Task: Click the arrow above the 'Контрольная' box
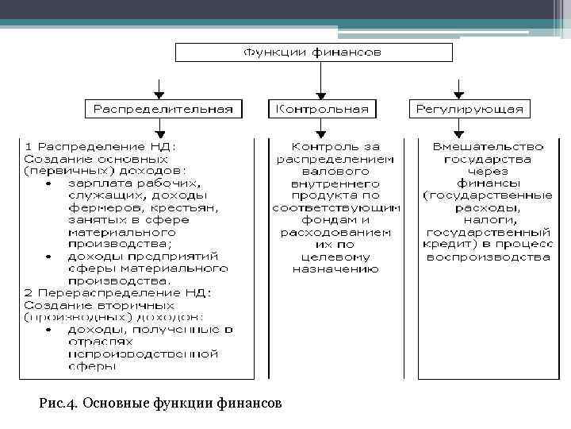pyautogui.click(x=320, y=79)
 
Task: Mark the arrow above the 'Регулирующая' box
pyautogui.click(x=456, y=87)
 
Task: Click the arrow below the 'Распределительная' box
pyautogui.click(x=161, y=127)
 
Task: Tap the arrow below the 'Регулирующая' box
pyautogui.click(x=456, y=127)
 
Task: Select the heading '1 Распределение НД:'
pyautogui.click(x=101, y=147)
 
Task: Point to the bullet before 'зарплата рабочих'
pyautogui.click(x=48, y=183)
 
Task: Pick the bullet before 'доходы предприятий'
pyautogui.click(x=48, y=256)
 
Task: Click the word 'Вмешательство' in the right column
pyautogui.click(x=488, y=147)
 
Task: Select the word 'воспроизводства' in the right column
pyautogui.click(x=488, y=257)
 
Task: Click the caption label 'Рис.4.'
pyautogui.click(x=58, y=404)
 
